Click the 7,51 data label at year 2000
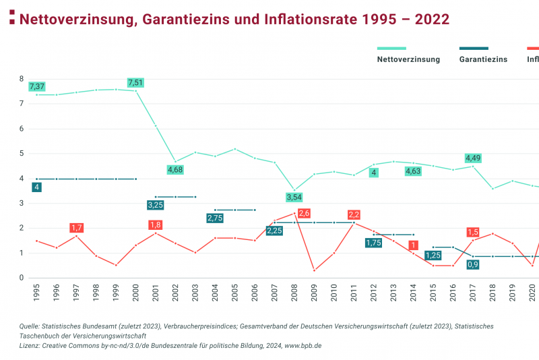[x=135, y=82]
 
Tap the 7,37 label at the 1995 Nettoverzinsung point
[x=37, y=86]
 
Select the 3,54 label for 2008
[x=294, y=197]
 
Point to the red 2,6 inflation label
[x=304, y=214]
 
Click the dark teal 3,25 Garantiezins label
[x=156, y=204]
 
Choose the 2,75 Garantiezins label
[x=215, y=218]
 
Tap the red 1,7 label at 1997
[x=76, y=228]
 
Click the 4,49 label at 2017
[x=474, y=158]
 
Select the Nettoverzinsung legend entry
[x=408, y=59]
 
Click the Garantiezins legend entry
[x=483, y=59]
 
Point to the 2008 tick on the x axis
[x=294, y=291]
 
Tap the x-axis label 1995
[x=37, y=291]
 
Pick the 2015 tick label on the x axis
[x=433, y=291]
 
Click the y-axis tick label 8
[x=22, y=79]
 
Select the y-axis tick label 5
[x=22, y=154]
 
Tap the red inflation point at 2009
[x=314, y=270]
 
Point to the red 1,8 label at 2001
[x=156, y=224]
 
